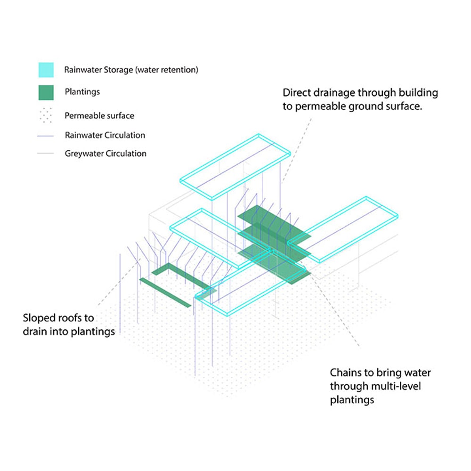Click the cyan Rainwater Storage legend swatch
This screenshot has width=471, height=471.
pos(46,70)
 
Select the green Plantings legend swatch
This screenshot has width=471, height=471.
pos(46,92)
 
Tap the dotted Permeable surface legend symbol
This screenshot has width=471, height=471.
pos(46,115)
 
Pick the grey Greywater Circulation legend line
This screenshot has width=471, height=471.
pos(46,154)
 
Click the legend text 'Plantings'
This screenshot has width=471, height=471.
pos(82,92)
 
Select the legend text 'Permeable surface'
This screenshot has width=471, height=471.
pos(99,115)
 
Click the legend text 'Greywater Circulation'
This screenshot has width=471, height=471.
pos(106,154)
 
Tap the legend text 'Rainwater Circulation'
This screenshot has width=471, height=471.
pos(105,135)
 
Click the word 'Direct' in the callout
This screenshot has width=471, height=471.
pos(296,93)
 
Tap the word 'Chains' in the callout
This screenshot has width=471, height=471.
pos(345,373)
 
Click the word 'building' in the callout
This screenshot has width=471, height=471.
pos(420,93)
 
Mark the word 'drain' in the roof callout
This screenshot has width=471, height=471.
pos(35,332)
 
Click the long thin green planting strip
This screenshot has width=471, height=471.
pos(165,292)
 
